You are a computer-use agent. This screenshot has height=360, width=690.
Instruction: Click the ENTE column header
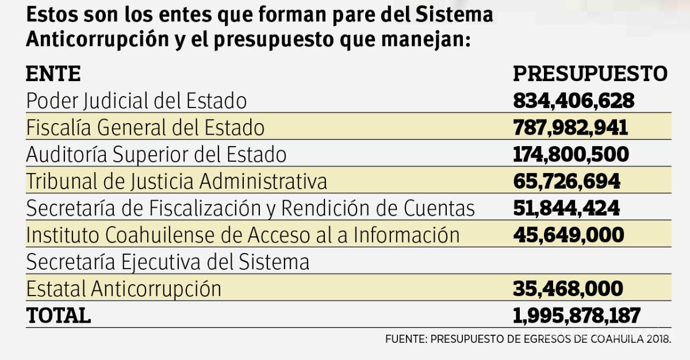[x=53, y=74]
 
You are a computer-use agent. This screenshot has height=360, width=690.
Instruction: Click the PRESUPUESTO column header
[x=590, y=74]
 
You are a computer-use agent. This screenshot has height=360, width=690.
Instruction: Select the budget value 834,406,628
[x=573, y=101]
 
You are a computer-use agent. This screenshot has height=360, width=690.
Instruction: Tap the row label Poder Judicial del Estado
[x=136, y=101]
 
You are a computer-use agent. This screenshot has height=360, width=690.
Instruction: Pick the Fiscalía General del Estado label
[x=145, y=128]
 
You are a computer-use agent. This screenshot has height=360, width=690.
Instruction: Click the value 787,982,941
[x=570, y=128]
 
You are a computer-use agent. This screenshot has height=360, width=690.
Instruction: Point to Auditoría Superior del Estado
[x=156, y=154]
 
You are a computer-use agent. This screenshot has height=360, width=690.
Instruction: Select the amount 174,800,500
[x=570, y=154]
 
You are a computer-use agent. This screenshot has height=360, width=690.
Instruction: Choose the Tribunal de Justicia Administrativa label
[x=177, y=181]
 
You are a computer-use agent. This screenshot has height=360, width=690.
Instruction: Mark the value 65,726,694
[x=566, y=181]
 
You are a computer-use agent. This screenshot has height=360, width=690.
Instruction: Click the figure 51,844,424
[x=566, y=208]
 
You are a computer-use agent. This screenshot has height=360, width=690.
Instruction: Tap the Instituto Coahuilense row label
[x=243, y=235]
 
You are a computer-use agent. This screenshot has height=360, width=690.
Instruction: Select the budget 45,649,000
[x=568, y=235]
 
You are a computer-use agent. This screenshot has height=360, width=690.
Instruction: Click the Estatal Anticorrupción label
[x=124, y=288]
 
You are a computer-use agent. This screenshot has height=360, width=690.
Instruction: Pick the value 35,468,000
[x=568, y=288]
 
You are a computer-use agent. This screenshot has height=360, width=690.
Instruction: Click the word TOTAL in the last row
[x=58, y=315]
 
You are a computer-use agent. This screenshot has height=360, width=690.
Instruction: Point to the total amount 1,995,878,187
[x=577, y=315]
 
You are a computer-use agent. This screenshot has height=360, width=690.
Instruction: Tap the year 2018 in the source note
[x=660, y=339]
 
